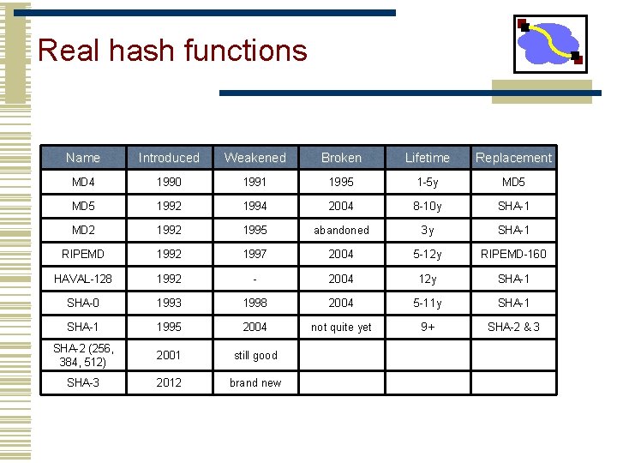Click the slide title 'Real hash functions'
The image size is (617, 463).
point(172,50)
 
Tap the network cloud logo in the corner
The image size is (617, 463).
point(549,43)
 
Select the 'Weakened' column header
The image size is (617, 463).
point(255,158)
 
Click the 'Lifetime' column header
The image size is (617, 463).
point(427,158)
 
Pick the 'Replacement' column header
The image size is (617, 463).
point(513,158)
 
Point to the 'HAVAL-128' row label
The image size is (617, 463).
point(82,279)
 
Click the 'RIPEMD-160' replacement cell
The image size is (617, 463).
point(513,255)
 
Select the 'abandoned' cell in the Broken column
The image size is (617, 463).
point(341,231)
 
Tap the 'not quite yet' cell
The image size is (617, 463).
point(341,328)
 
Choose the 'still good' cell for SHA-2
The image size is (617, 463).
point(255,355)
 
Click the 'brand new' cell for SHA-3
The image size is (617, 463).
point(255,382)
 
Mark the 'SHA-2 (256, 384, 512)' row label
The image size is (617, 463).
point(82,355)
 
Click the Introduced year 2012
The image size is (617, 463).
point(169,382)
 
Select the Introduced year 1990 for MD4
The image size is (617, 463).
point(169,183)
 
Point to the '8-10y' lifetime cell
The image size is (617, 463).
point(427,207)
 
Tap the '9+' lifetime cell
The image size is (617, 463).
point(427,327)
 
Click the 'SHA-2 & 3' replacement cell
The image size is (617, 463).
point(513,327)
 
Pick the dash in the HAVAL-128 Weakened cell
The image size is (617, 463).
point(255,279)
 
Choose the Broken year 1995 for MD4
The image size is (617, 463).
point(341,183)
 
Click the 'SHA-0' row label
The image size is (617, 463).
point(82,303)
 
